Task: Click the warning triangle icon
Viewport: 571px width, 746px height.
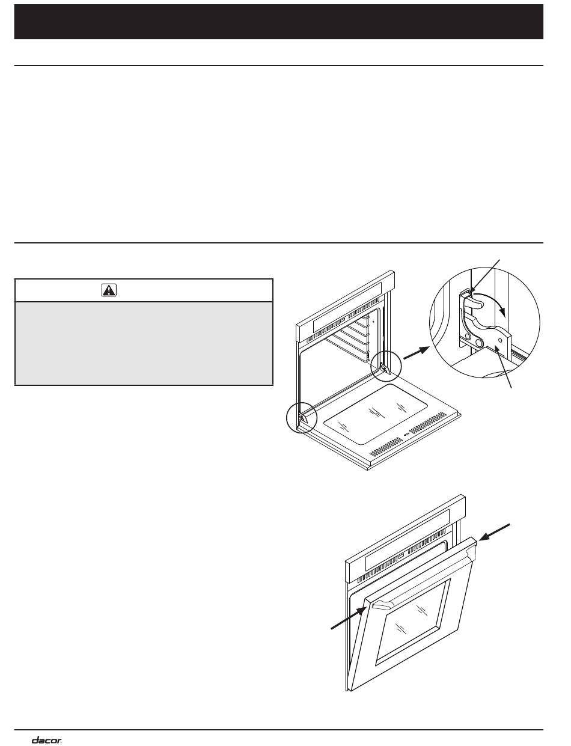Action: pyautogui.click(x=109, y=290)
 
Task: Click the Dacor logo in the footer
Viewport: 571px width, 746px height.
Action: pyautogui.click(x=47, y=738)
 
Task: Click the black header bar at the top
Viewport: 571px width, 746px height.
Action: pyautogui.click(x=279, y=22)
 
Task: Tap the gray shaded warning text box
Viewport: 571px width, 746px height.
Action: pyautogui.click(x=144, y=343)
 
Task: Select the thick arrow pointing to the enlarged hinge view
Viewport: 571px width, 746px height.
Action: pyautogui.click(x=417, y=353)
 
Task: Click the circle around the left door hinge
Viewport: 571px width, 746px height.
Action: pyautogui.click(x=302, y=417)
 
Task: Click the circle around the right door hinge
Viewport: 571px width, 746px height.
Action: pyautogui.click(x=386, y=366)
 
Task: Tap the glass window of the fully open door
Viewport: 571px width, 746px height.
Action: pyautogui.click(x=376, y=414)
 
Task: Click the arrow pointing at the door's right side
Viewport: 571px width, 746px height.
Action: pyautogui.click(x=495, y=533)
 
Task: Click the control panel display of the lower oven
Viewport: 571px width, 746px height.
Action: pyautogui.click(x=407, y=539)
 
